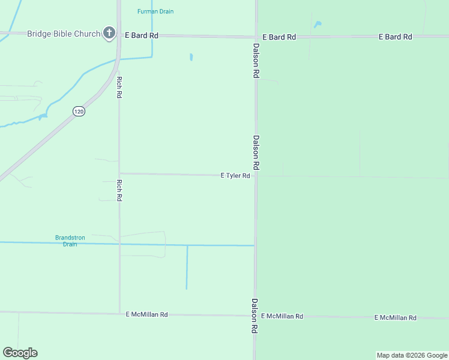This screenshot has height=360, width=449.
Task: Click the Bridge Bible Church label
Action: [x=63, y=34]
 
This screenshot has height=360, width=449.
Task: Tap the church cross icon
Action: [x=109, y=33]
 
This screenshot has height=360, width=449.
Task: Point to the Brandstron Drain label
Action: [x=70, y=241]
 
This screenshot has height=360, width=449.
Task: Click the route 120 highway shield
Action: [x=79, y=111]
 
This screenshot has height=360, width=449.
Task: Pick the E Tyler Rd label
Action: [x=235, y=176]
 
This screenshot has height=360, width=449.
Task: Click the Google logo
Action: [x=20, y=353]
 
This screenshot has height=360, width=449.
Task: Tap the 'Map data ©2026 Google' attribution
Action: [x=412, y=355]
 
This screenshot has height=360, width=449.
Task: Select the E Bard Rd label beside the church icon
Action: [x=142, y=35]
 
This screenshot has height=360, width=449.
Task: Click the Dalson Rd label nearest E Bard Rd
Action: [x=256, y=61]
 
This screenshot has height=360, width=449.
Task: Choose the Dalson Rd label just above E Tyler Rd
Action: [x=256, y=152]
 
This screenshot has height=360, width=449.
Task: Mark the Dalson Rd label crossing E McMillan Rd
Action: [x=255, y=316]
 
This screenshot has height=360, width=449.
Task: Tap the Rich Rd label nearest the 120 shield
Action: [x=119, y=88]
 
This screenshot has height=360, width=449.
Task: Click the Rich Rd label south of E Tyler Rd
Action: [x=119, y=190]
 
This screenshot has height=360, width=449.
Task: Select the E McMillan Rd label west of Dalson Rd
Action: [x=146, y=314]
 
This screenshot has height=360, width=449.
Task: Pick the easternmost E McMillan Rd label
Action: [x=395, y=317]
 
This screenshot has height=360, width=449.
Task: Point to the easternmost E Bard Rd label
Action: [x=395, y=37]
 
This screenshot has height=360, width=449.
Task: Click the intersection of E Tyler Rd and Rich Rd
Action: [x=119, y=173]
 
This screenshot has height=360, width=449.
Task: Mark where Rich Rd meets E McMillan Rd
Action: [x=119, y=313]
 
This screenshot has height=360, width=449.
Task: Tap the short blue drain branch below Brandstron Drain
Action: [x=187, y=267]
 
